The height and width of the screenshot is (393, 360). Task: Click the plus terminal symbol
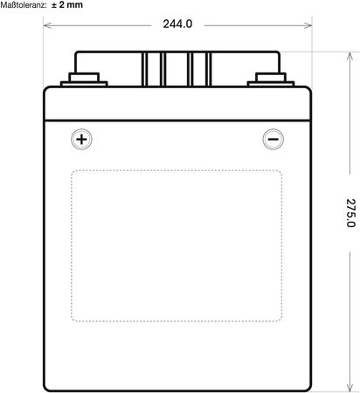tap(81, 139)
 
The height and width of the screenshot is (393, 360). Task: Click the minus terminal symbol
tap(273, 139)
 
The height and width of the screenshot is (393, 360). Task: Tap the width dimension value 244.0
tap(177, 24)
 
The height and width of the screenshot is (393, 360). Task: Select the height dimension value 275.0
tap(350, 213)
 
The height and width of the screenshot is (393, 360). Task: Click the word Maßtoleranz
tap(24, 5)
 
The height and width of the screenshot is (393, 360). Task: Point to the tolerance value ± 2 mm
tap(67, 4)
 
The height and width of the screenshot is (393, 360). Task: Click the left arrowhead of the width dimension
tap(47, 25)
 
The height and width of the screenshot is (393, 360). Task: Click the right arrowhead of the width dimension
tap(308, 25)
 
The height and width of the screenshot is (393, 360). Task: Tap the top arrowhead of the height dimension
tap(350, 57)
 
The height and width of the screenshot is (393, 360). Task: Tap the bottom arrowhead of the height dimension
tap(350, 386)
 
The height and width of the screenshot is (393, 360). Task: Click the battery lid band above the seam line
tap(177, 103)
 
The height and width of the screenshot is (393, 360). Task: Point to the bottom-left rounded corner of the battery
tap(46, 389)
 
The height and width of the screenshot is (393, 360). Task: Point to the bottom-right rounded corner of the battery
tap(308, 389)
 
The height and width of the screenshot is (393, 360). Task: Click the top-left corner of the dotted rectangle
tap(73, 171)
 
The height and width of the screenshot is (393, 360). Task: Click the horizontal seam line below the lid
tap(177, 121)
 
